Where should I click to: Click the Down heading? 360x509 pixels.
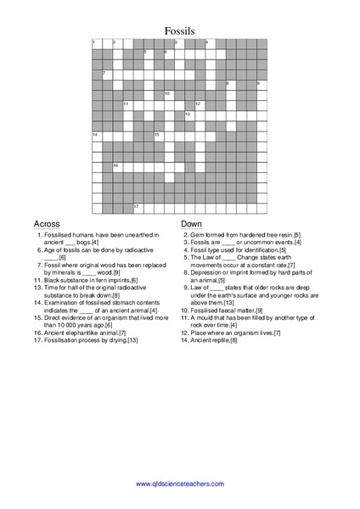[192, 224]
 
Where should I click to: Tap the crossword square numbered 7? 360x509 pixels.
[106, 75]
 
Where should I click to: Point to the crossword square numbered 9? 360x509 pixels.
[261, 85]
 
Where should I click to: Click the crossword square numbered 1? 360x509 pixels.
[96, 44]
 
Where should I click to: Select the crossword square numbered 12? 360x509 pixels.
[199, 105]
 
